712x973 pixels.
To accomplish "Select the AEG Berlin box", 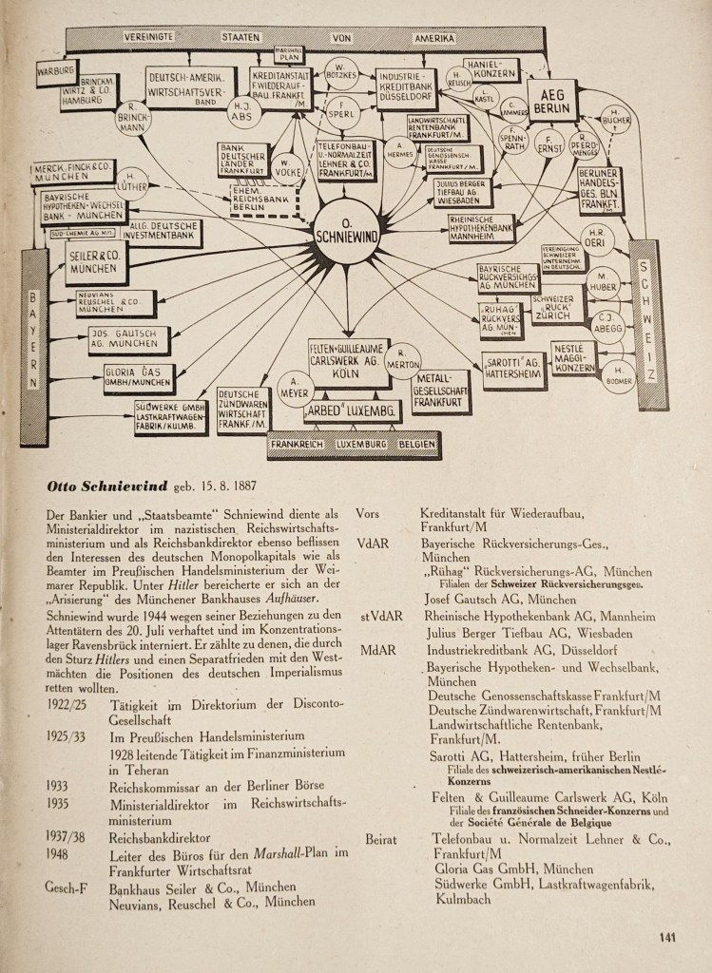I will [552, 103].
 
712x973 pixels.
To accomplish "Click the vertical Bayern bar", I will [33, 347].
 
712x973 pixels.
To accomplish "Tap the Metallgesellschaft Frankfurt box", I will [440, 391].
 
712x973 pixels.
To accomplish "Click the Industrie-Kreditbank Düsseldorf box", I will [406, 88].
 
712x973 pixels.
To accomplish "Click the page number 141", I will [667, 937].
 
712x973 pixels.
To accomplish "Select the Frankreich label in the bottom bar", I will [298, 444].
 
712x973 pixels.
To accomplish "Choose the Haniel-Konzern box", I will [491, 69].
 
